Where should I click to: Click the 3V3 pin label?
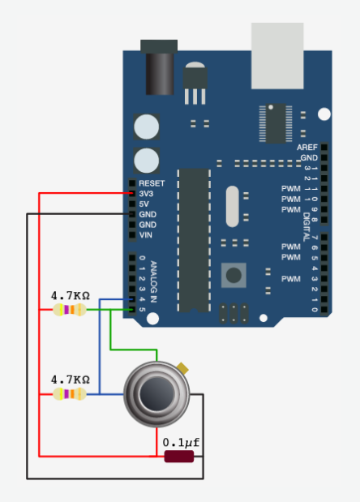pos(146,194)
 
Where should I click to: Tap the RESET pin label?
pos(152,183)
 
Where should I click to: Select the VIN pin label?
pos(146,235)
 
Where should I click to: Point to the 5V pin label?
pos(144,204)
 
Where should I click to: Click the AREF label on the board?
pos(306,148)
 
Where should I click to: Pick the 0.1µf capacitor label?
pos(181,443)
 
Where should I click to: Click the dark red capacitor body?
pos(179,457)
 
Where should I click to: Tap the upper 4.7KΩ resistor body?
pos(70,310)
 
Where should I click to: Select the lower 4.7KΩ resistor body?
pos(70,394)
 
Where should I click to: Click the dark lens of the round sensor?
pos(156,393)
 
